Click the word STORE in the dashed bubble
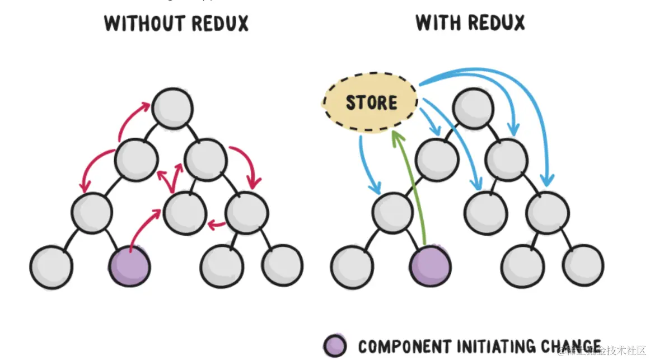point(371,103)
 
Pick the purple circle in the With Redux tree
point(431,265)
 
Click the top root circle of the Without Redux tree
point(172,108)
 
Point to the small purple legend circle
point(335,346)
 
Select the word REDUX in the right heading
point(498,23)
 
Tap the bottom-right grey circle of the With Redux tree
point(583,265)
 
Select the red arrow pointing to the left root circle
point(133,119)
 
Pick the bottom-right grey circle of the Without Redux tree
point(283,265)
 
